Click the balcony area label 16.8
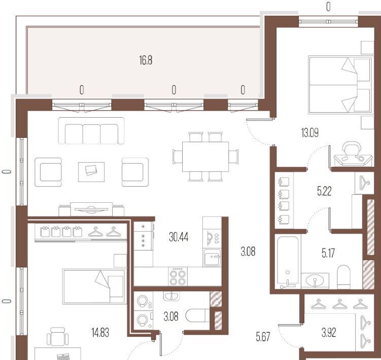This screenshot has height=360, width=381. pos(146,60)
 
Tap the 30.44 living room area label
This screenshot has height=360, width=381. pos(179,237)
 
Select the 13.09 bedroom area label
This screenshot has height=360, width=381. pos(309,133)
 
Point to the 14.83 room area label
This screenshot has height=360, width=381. pos(100,332)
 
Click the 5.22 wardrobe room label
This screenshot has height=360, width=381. pos(324,191)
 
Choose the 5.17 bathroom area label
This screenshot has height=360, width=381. pos(328,253)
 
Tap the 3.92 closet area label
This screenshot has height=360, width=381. pos(329,333)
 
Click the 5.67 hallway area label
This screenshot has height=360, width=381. pos(263,337)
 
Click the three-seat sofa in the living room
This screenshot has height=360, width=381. pos(91,131)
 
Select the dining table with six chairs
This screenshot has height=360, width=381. pos(205,157)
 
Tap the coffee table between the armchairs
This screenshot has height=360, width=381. pos(91,172)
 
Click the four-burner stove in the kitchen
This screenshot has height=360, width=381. pos(178,276)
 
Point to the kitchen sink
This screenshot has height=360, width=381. pos(212,258)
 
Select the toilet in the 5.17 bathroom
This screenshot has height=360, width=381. pos(343,277)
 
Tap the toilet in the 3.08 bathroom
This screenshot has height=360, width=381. pos(197,315)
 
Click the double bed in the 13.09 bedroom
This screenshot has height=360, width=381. pos(340,85)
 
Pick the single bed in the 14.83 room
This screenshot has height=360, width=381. pos(94,286)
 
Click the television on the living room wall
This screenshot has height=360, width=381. pos(91,209)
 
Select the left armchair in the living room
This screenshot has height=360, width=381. pos(48,172)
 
